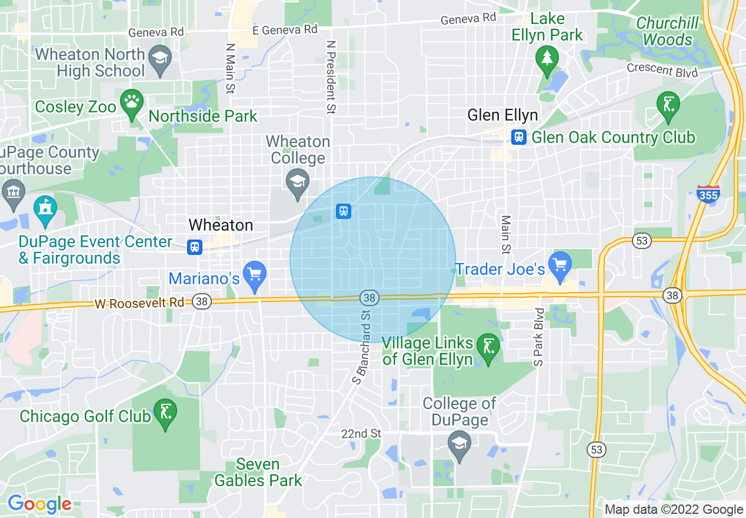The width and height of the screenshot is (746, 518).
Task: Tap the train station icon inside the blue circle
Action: (344, 211)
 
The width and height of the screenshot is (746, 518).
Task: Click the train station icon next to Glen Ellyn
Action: (518, 137)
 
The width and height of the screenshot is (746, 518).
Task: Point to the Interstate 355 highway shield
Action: (708, 193)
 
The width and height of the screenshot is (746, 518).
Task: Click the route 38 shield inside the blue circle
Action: (369, 298)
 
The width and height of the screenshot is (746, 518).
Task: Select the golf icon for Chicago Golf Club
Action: (165, 411)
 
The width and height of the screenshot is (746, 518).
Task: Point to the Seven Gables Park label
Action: (258, 472)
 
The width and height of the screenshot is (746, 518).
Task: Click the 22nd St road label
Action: (361, 434)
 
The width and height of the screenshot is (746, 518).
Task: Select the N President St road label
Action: (331, 77)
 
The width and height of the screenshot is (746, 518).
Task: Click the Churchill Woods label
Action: (667, 31)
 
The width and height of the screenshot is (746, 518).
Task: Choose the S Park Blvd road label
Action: (538, 337)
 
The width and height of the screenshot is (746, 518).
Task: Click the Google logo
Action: (39, 504)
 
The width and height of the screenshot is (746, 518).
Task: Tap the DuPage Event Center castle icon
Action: (45, 210)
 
